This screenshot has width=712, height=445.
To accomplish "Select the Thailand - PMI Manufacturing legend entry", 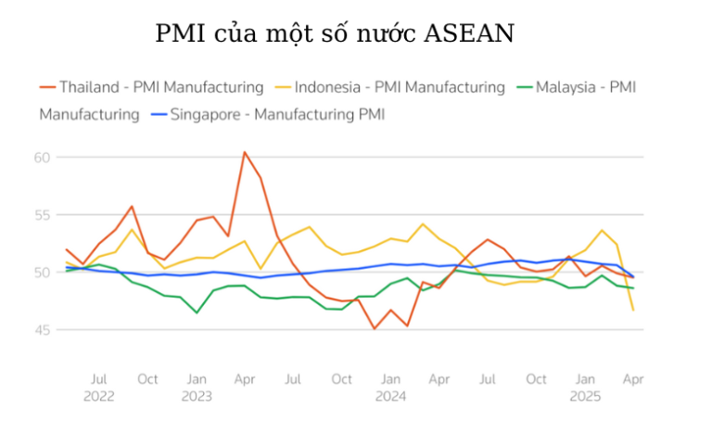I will coord(161,87).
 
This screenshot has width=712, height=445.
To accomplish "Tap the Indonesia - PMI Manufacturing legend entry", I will coord(399,87).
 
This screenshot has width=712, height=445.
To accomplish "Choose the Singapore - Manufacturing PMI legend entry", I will coord(277,115).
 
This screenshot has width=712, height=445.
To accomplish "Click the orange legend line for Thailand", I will coord(47,87).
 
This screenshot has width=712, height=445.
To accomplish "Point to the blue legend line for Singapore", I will coord(157,115).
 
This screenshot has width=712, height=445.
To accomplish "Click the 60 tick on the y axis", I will coord(42,158).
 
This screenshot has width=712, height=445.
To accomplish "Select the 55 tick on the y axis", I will coord(42,215).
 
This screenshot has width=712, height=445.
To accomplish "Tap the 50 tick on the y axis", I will coord(42,273).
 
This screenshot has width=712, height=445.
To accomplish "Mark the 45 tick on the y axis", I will coord(42,330).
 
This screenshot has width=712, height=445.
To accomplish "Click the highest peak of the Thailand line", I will coord(245,152).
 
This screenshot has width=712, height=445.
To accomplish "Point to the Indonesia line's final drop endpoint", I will coord(633,310).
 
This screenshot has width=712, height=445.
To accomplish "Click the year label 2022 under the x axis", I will coord(99,396).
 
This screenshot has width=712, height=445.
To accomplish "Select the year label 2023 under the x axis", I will coord(197,396).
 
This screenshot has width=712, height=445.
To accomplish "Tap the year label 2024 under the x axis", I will coord(390,396).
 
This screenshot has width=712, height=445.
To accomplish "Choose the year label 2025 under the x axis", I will coord(585,396).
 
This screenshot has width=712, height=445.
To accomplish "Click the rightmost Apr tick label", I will coord(633,379).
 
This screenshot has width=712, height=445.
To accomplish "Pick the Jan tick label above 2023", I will coord(197,379).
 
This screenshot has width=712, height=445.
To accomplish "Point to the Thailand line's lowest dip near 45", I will coord(375,328).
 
